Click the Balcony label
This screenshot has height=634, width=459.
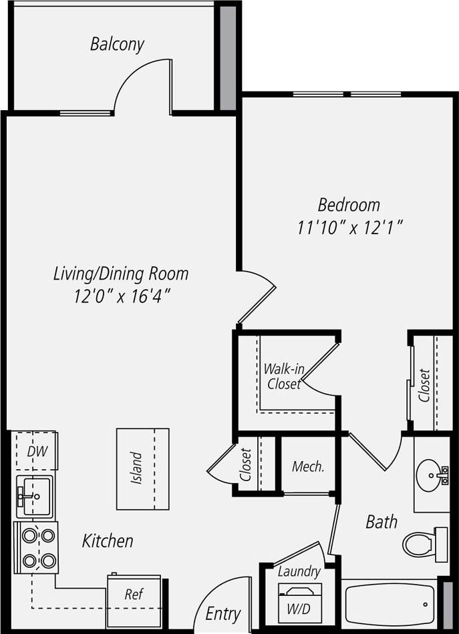(117, 45)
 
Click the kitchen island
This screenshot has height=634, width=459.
(142, 468)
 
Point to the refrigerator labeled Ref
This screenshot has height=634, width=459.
(134, 595)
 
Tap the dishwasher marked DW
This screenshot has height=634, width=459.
(36, 451)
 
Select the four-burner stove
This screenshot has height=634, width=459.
(37, 547)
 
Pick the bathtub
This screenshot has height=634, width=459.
(389, 604)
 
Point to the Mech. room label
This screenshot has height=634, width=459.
(308, 466)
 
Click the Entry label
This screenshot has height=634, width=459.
(222, 613)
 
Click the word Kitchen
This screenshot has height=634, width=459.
(108, 541)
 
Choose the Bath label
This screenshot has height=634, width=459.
(381, 521)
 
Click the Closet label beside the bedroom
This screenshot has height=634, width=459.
(424, 385)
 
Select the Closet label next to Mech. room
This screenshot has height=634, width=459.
(247, 464)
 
